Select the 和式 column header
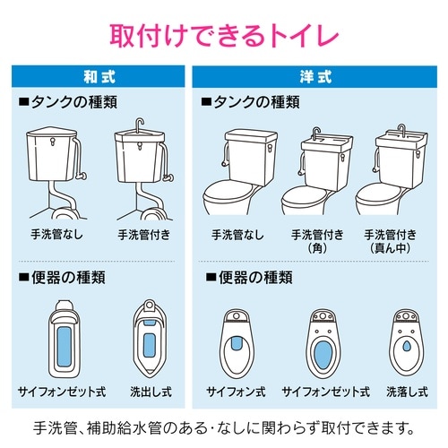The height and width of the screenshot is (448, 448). pos(99,77)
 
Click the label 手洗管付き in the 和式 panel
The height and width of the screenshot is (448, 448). pos(143,235)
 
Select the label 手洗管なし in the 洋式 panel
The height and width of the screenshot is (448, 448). pos(238,235)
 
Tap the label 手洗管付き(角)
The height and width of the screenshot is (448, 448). pos(317,241)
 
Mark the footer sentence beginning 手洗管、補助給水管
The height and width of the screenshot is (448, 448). pos(224,425)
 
